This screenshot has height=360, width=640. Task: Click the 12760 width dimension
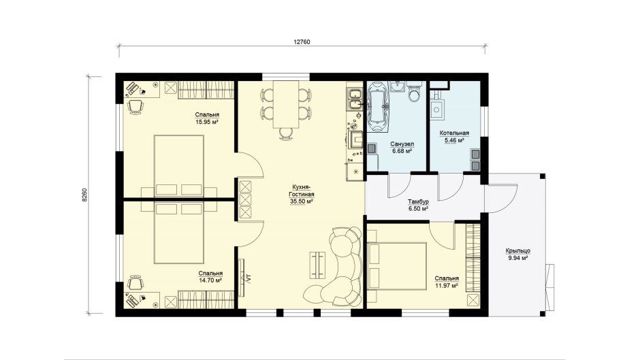point(302,42)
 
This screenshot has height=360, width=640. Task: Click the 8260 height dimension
point(84,195)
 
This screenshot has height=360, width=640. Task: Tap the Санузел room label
point(402,144)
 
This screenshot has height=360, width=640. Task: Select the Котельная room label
point(454,133)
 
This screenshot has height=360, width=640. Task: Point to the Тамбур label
point(418,201)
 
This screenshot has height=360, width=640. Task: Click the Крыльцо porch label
point(518,251)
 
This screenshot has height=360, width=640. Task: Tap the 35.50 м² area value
point(302,201)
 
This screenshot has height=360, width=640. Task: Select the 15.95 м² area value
point(207,122)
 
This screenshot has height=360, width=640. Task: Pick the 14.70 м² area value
point(210,280)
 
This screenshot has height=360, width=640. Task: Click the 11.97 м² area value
point(447,285)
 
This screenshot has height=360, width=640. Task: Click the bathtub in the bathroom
point(378,107)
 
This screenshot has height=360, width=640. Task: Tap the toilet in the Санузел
point(414,93)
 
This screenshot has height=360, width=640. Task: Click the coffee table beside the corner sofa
point(318,265)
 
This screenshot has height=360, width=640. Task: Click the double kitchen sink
point(354,100)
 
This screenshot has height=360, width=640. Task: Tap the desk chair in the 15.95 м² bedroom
point(135,107)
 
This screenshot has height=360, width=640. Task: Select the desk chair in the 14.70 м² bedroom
point(135,282)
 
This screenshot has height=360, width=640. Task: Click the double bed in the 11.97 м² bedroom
point(397,266)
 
